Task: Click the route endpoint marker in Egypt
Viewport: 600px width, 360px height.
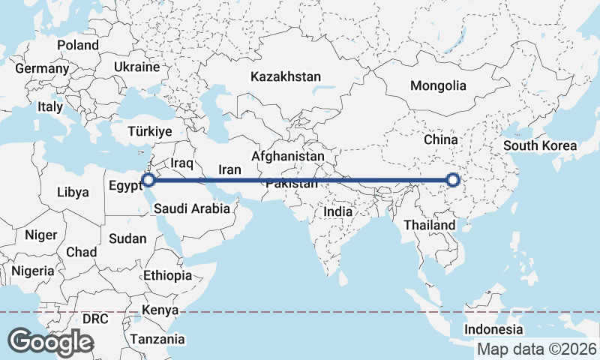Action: point(149,180)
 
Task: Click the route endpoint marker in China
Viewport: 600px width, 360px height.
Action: point(452,180)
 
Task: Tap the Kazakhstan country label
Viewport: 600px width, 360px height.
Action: point(286,76)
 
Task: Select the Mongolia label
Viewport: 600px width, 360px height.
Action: point(438,85)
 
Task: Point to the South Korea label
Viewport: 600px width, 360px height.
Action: point(540,145)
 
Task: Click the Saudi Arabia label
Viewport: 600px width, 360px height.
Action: point(192,209)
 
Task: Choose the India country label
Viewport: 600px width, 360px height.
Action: point(337,212)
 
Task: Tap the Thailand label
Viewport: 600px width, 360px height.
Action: point(429,225)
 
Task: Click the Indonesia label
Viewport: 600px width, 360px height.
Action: point(493,330)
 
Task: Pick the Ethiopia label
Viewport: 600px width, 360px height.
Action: point(167,275)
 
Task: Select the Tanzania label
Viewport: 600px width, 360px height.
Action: point(157,339)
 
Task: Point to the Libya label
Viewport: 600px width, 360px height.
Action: point(73,192)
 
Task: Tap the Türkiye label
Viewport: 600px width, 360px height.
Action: point(150,131)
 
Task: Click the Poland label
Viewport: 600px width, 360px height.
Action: point(78,45)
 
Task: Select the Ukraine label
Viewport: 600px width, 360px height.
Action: point(136,67)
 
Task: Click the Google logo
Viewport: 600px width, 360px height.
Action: point(50,342)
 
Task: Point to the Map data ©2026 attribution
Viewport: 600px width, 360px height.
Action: point(537,349)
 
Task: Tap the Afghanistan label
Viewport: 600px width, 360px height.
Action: point(289,156)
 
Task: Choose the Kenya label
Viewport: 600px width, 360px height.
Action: point(160,310)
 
